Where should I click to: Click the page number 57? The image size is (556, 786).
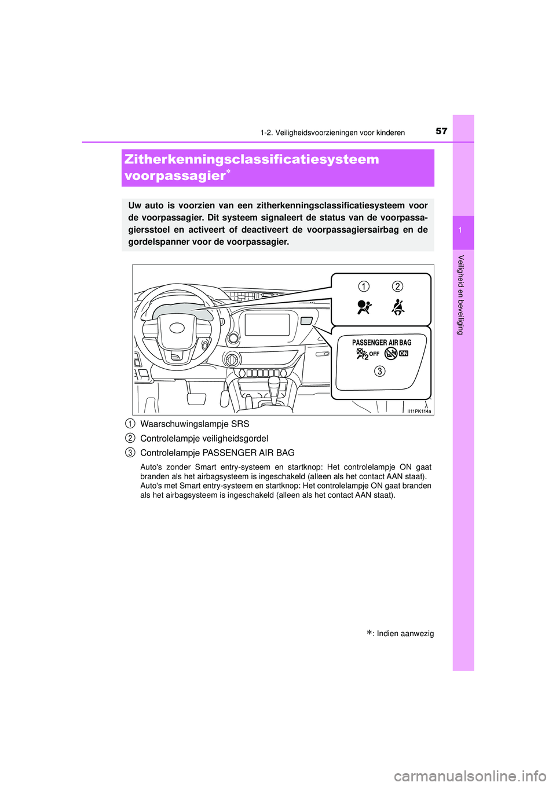441,131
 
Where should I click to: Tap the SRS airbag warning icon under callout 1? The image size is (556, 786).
364,307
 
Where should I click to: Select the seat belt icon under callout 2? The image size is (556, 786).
398,307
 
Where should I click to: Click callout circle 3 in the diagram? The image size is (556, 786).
379,371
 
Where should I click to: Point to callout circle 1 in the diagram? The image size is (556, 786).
363,287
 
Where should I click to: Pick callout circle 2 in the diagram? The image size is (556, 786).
397,287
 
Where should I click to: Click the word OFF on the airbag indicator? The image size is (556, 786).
374,354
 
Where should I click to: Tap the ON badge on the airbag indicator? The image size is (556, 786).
404,353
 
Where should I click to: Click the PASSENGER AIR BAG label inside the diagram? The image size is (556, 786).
382,343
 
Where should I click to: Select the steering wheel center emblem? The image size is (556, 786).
177,328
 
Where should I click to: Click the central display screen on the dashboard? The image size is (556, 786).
267,325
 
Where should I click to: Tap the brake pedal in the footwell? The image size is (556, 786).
196,398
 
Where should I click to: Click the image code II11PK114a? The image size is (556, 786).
419,411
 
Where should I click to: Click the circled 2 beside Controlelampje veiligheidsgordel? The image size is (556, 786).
131,438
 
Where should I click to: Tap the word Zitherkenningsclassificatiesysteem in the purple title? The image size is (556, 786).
252,160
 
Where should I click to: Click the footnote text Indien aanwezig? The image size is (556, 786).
405,634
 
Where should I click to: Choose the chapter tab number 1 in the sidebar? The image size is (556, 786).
460,231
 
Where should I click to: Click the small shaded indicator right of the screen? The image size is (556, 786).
306,321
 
